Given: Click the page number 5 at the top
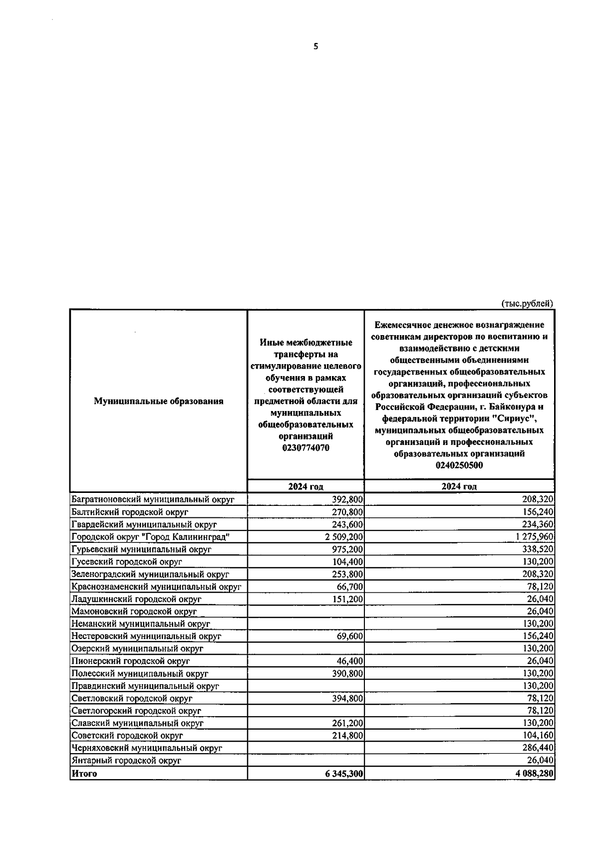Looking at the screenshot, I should [x=315, y=47].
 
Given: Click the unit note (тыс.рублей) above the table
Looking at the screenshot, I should [x=527, y=303].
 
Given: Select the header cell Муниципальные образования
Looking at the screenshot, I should [x=158, y=401].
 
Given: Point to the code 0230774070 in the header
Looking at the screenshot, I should [x=305, y=448].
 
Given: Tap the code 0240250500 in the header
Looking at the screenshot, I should [x=459, y=465].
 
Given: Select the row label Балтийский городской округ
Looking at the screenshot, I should [x=130, y=512].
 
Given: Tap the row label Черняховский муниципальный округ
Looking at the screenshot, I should [x=147, y=748].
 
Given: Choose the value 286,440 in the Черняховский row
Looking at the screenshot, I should [x=539, y=748].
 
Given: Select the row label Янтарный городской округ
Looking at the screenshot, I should [x=126, y=761].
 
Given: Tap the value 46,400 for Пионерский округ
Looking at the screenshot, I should [x=350, y=661].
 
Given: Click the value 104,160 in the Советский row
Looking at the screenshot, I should [x=539, y=736].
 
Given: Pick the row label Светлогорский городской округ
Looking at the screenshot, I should [x=136, y=711].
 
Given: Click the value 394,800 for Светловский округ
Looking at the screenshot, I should [x=347, y=698].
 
